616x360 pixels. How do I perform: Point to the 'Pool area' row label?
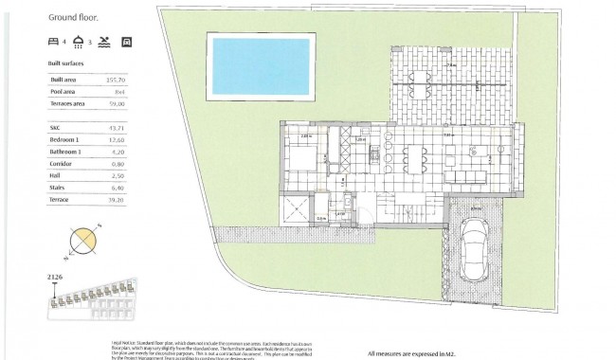(x=63, y=93)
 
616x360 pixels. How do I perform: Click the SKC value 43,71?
(x=142, y=128)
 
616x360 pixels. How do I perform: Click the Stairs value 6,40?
(x=142, y=188)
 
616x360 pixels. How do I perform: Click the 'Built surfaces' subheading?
(x=66, y=64)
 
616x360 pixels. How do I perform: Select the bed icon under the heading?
(x=53, y=43)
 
